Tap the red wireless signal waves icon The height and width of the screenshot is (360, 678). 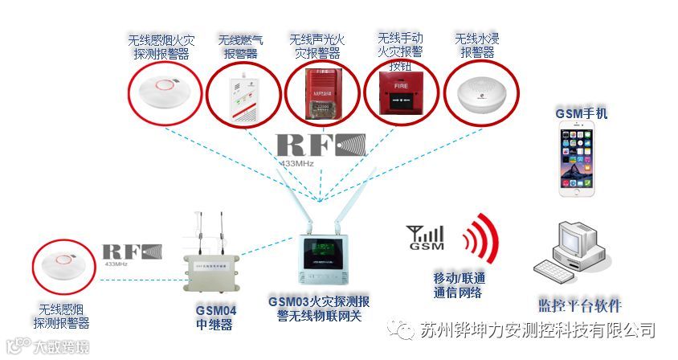pos(482,238)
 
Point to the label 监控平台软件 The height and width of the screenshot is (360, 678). pos(579,305)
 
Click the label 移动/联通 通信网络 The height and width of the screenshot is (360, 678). pos(459,285)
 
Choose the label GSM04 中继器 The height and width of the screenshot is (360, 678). pos(215,318)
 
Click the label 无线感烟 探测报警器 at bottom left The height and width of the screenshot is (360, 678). pos(61,315)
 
